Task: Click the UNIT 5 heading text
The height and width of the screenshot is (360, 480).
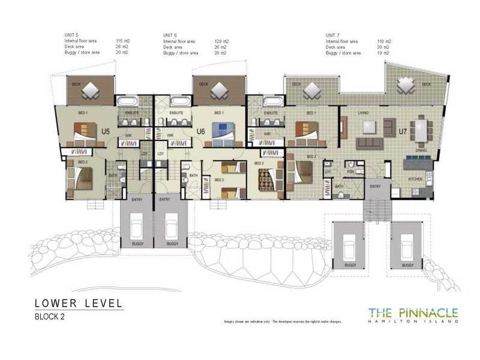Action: [71, 35]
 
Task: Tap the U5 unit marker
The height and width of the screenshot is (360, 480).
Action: [106, 130]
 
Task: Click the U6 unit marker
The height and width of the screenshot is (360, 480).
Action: [201, 130]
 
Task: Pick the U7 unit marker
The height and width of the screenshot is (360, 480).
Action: [403, 130]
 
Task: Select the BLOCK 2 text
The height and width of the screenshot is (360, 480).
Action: [50, 316]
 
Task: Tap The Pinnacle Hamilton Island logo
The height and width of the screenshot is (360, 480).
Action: [413, 314]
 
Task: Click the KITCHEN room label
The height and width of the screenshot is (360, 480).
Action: [416, 179]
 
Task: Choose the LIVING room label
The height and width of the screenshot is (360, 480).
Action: [363, 113]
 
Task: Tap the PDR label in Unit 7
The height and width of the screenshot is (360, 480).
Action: [350, 172]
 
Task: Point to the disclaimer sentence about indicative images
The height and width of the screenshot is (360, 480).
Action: [282, 322]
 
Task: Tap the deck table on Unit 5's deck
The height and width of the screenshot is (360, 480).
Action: [91, 91]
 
